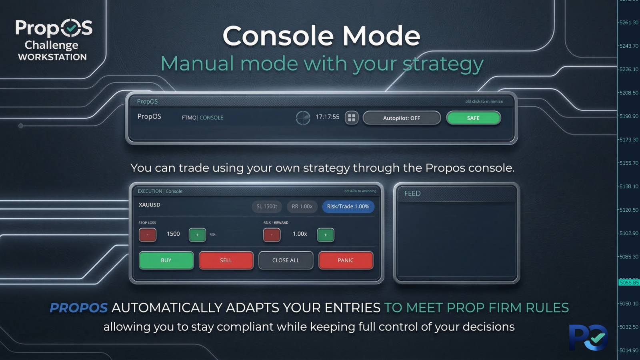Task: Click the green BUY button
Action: tap(166, 260)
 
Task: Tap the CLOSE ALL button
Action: tap(286, 260)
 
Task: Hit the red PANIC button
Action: tap(346, 260)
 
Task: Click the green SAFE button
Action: tap(473, 118)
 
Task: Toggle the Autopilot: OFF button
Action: tap(402, 118)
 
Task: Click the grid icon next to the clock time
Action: tap(352, 118)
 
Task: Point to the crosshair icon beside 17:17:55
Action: tap(303, 118)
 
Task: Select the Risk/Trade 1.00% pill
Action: tap(348, 206)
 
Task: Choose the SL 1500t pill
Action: tap(267, 206)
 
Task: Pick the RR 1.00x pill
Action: tap(302, 206)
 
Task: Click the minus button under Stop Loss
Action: tap(148, 235)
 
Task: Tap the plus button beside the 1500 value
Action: tap(197, 235)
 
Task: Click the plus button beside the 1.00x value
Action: tap(325, 235)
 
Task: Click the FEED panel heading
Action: tap(412, 194)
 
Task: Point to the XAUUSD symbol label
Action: tap(149, 205)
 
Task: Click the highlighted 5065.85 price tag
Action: tap(629, 283)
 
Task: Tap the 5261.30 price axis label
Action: tap(629, 22)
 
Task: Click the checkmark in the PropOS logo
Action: tap(71, 28)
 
